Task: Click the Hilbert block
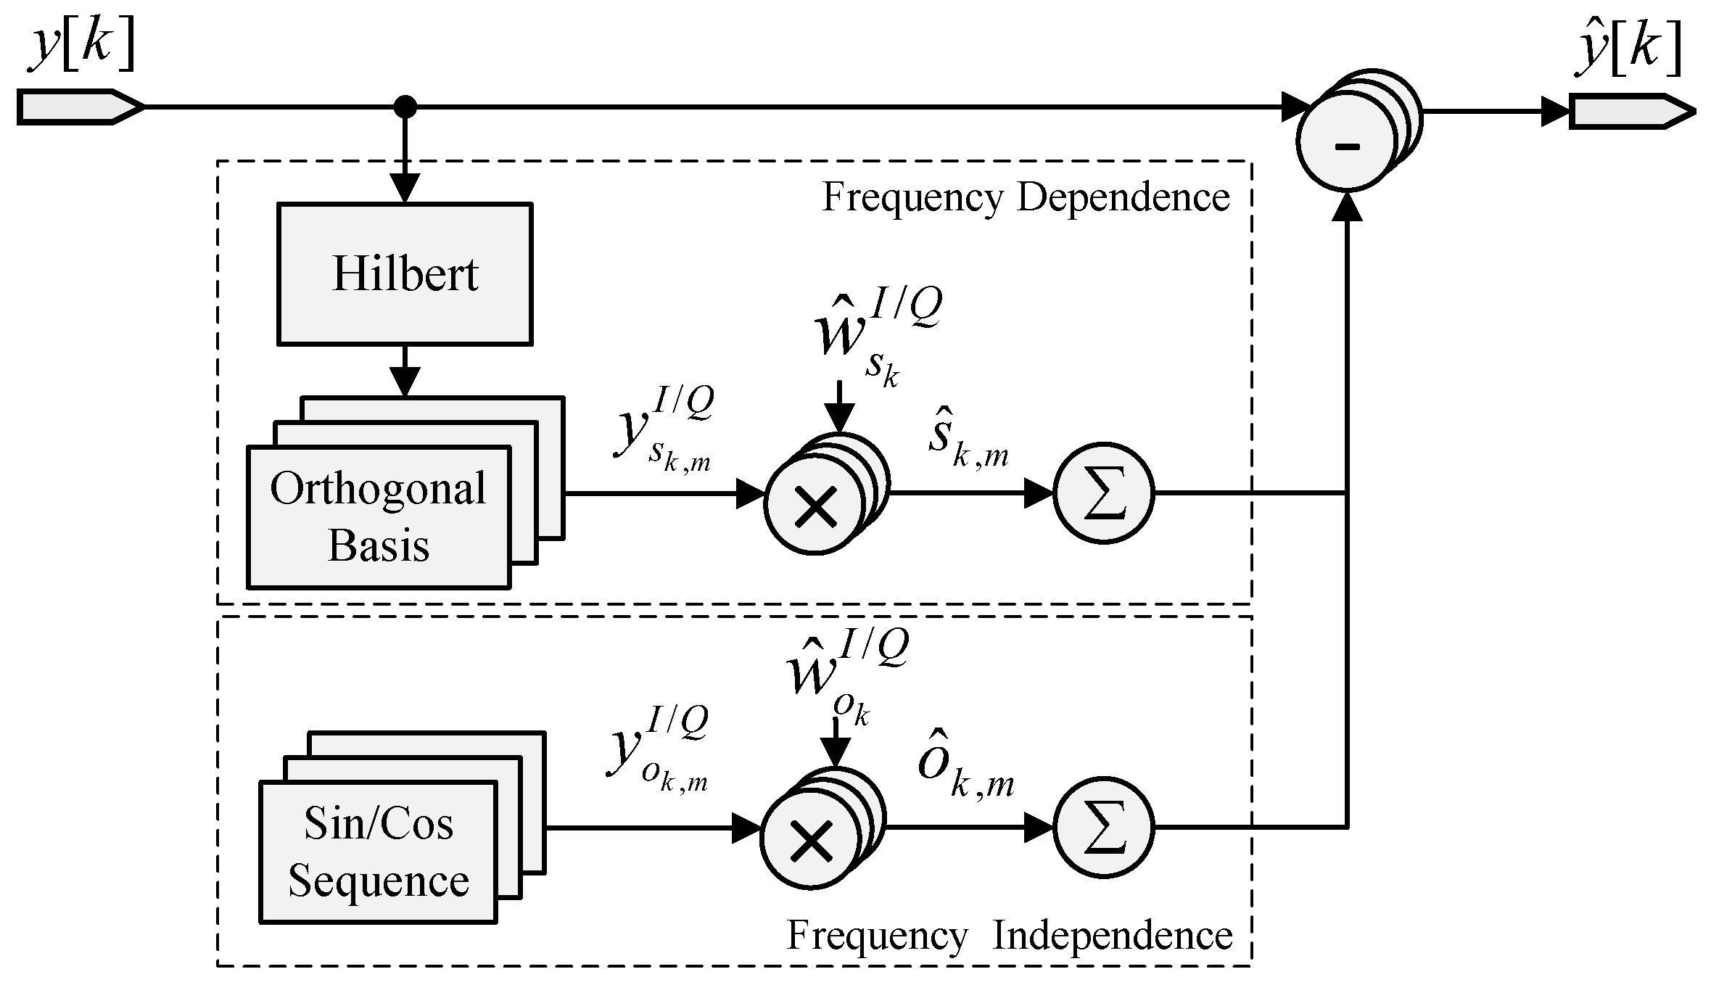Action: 405,274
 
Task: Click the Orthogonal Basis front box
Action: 379,516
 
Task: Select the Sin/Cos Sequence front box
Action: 378,852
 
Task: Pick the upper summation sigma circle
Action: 1103,493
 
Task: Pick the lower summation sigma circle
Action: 1103,828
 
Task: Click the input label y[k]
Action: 81,45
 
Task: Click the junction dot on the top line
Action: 405,107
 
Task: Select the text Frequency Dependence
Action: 1026,197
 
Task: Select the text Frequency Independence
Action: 1010,936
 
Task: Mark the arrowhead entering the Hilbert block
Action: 405,189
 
